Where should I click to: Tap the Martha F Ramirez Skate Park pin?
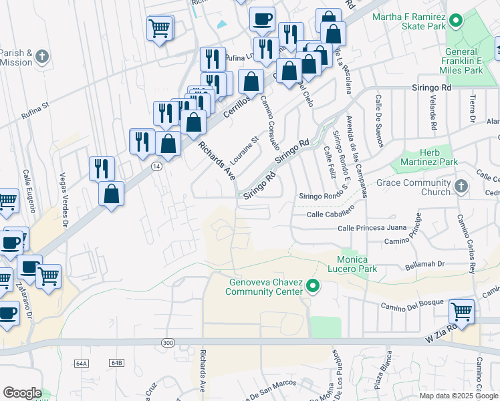tap(456, 21)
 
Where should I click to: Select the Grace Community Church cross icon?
tap(460, 186)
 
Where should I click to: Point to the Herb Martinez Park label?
tap(428, 157)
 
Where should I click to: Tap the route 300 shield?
tap(166, 342)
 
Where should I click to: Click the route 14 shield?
tap(155, 166)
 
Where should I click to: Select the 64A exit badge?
tap(82, 363)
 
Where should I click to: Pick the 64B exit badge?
tap(117, 363)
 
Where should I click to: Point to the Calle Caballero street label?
tap(329, 215)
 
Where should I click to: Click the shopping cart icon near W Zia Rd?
tap(461, 311)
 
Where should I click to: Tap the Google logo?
tap(22, 393)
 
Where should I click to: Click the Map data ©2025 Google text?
tap(459, 395)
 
